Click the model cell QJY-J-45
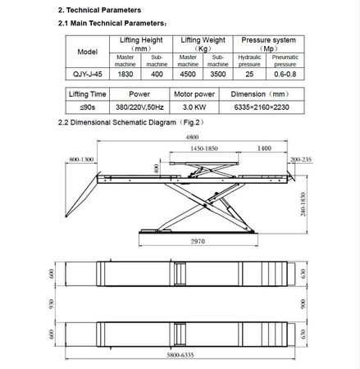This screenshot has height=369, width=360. click(x=88, y=74)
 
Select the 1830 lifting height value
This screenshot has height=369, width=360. click(x=125, y=74)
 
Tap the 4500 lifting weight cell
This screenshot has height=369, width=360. click(x=188, y=74)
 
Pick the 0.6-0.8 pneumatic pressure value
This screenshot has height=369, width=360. click(x=285, y=74)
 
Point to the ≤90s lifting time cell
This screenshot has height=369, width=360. click(x=88, y=107)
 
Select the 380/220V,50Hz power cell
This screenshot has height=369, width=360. click(x=139, y=107)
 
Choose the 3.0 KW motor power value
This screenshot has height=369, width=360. click(x=194, y=107)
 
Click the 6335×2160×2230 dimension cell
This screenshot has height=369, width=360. click(x=262, y=107)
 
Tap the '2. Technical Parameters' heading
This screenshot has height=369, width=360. click(x=99, y=10)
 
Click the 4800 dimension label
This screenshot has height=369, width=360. click(x=192, y=137)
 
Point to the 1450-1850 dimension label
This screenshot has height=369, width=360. click(x=204, y=148)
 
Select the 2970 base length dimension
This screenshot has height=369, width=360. click(x=198, y=241)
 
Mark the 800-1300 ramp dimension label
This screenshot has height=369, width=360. click(x=81, y=159)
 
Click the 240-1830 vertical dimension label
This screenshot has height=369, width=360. click(x=303, y=204)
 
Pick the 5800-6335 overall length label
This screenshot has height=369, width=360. click(x=180, y=355)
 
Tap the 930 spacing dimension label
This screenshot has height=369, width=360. click(x=52, y=304)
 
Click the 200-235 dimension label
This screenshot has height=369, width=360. click(x=301, y=159)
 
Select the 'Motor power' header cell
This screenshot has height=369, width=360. click(x=194, y=94)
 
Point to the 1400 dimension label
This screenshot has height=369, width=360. click(x=264, y=148)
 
